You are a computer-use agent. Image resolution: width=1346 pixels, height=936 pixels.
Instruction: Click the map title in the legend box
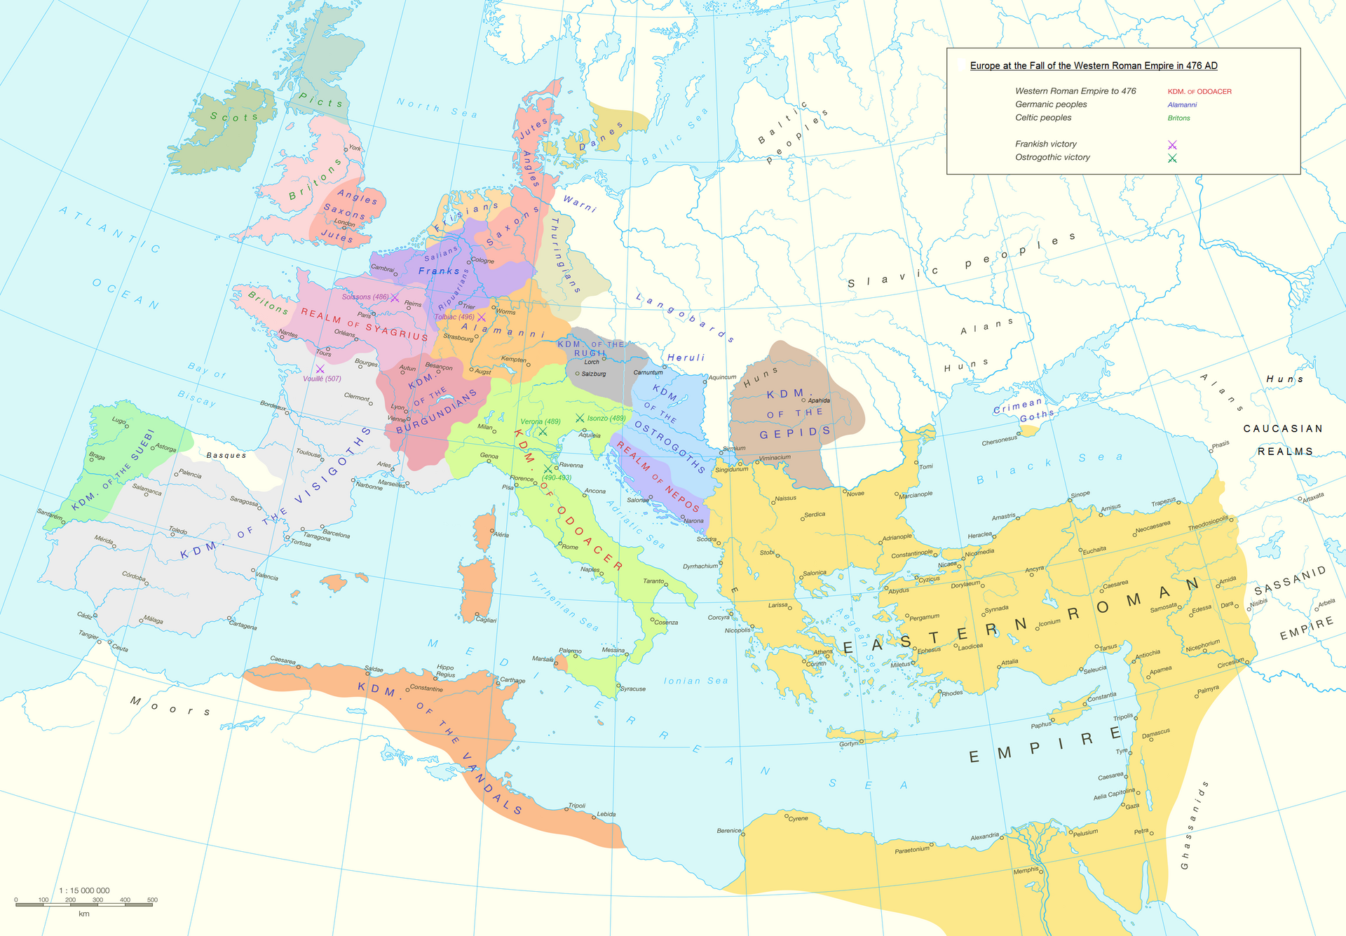(x=1093, y=66)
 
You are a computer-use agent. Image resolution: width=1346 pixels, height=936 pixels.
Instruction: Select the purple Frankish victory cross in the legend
(x=1172, y=145)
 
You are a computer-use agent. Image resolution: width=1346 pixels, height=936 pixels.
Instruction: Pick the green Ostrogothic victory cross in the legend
(x=1172, y=158)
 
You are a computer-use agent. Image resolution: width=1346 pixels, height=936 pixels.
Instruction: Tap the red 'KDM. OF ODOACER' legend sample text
(x=1199, y=92)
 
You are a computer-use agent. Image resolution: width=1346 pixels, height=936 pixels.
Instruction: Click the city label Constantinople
(x=911, y=554)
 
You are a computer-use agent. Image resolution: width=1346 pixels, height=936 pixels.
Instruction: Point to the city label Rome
(x=569, y=547)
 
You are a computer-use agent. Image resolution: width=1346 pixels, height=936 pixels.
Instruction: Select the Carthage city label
(x=512, y=680)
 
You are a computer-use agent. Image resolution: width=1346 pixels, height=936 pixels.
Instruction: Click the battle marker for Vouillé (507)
(x=320, y=369)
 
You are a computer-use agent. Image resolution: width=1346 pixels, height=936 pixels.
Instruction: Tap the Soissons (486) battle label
(x=365, y=297)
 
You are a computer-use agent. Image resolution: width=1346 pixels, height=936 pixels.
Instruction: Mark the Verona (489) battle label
(x=540, y=421)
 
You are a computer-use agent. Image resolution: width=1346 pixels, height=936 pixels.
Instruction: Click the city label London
(x=344, y=223)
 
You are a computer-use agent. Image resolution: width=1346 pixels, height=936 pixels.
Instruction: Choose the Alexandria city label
(x=984, y=836)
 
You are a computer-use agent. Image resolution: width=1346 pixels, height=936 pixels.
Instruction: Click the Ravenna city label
(x=571, y=466)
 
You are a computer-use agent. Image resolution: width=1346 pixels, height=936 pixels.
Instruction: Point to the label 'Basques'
(x=226, y=456)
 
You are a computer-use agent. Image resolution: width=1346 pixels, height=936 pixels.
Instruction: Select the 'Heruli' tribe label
(x=686, y=358)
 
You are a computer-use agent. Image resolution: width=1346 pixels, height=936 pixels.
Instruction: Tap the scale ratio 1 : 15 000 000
(x=84, y=890)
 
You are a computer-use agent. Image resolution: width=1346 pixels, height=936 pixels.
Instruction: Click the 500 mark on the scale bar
(x=152, y=900)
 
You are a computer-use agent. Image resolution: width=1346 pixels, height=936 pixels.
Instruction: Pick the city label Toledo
(x=178, y=531)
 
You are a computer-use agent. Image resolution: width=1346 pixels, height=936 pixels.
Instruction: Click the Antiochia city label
(x=1148, y=653)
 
